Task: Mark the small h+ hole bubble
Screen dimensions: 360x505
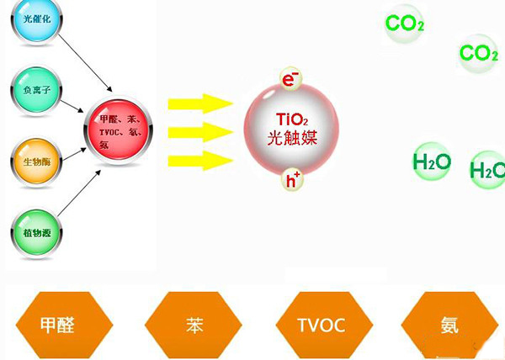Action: point(292,179)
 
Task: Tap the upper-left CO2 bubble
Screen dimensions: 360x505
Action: point(404,24)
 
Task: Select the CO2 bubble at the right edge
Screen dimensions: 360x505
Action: point(479,55)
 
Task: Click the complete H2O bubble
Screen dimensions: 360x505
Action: point(432,161)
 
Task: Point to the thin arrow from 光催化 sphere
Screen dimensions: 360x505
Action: point(81,55)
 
